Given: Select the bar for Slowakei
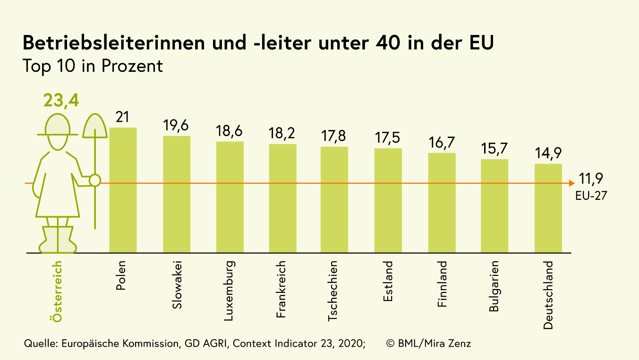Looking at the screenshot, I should coord(177,194).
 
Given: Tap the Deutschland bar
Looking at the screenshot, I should coord(548,208).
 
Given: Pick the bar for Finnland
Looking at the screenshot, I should coord(442,203).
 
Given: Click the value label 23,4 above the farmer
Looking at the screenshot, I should coord(61,101).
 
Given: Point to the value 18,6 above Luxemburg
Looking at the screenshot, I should coord(230,132).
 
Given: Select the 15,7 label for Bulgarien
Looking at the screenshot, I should coord(494,149).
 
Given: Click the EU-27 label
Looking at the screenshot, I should coord(591,195).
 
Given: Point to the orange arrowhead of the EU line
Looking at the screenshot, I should coord(570,183).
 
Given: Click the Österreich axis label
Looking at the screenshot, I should coord(58,291).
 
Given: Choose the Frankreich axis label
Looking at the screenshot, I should coord(282,289).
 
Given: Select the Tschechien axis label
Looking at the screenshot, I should coord(333,291).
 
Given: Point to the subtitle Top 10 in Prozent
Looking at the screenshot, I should coord(93,66).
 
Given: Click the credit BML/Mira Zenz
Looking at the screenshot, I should coord(428,343).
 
